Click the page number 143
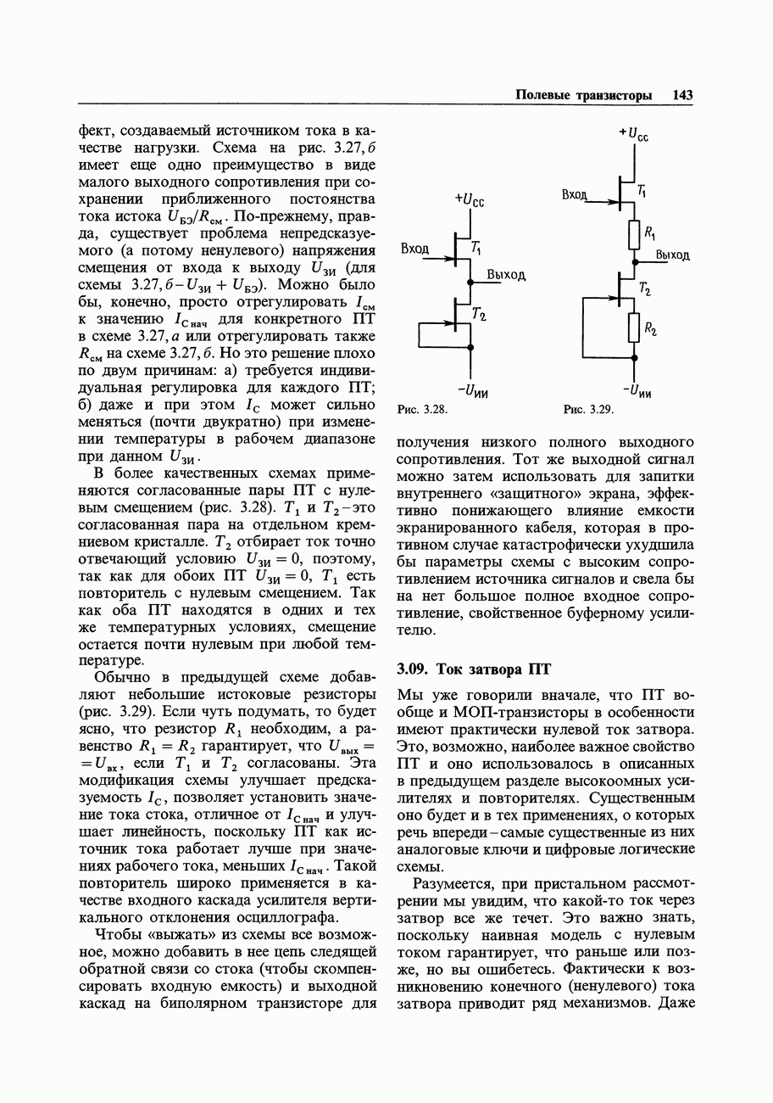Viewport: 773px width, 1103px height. (682, 96)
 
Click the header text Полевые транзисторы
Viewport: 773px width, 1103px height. (584, 96)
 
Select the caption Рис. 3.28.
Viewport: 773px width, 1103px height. (421, 410)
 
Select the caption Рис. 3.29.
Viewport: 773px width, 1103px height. (588, 410)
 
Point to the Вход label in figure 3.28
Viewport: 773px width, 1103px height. (414, 249)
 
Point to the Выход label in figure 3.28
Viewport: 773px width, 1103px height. (506, 275)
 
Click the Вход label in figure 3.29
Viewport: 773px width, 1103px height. (575, 194)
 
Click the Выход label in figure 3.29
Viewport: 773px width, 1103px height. (672, 255)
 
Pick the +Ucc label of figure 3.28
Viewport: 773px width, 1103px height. (469, 199)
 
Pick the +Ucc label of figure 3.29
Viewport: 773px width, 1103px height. (633, 133)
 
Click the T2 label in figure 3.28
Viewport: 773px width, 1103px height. (479, 316)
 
